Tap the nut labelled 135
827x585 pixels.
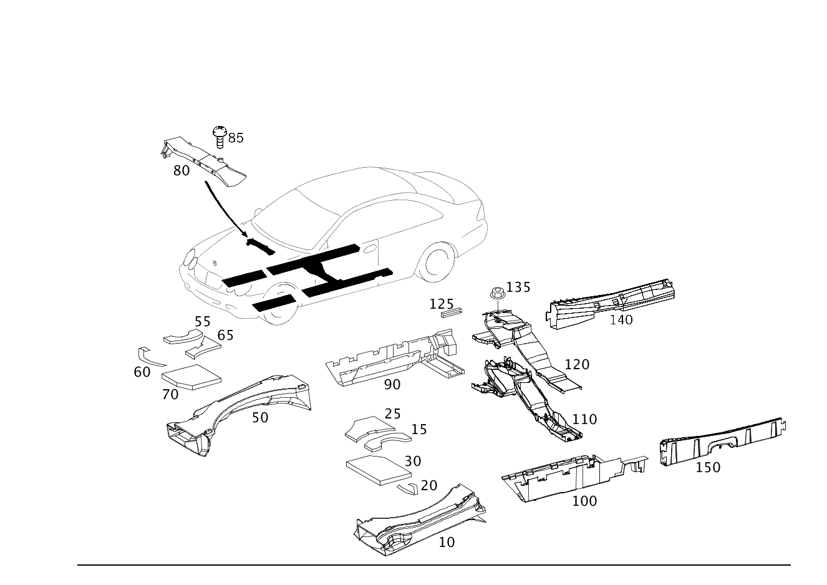[x=497, y=293]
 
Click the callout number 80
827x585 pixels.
[x=181, y=170]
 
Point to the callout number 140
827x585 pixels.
[x=621, y=319]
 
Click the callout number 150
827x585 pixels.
[x=708, y=467]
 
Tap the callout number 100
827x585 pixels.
[x=584, y=501]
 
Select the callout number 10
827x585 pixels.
[x=447, y=542]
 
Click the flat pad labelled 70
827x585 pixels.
[x=191, y=377]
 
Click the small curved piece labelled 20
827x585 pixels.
[x=408, y=488]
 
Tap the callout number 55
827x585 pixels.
[x=203, y=321]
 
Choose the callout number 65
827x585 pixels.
[x=225, y=335]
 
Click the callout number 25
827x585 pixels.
[x=392, y=413]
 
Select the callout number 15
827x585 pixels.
[x=419, y=429]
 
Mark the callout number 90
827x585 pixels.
[x=392, y=385]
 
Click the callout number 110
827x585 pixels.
[x=584, y=419]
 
